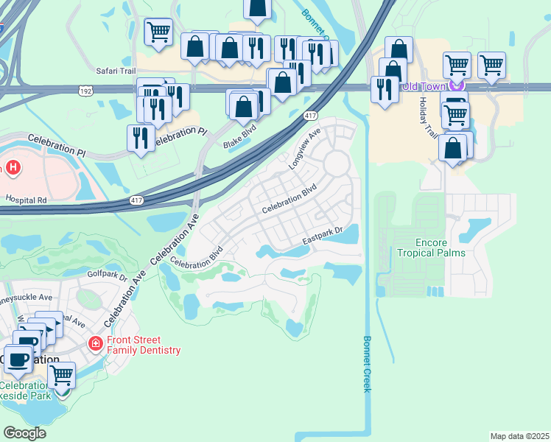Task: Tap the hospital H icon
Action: click(12, 167)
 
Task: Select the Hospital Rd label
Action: click(26, 200)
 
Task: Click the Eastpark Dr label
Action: click(323, 236)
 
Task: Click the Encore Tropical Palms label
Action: click(431, 248)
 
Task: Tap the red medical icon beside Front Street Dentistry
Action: click(95, 343)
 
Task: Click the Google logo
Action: click(24, 433)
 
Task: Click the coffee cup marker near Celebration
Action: click(18, 359)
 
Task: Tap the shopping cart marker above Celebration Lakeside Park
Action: click(62, 374)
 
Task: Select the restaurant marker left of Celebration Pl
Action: click(140, 137)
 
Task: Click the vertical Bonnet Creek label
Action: click(368, 364)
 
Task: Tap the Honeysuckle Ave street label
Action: click(27, 298)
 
